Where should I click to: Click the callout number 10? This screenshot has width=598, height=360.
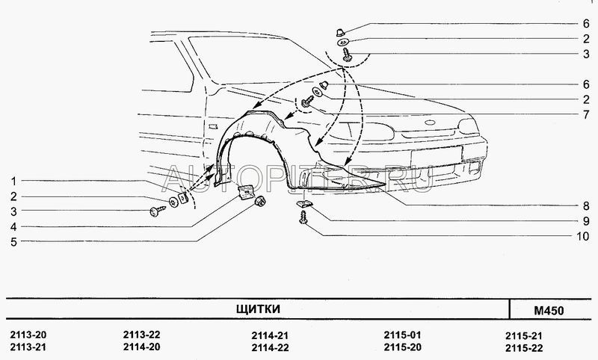tap(582, 236)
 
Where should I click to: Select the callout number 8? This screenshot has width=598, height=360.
tap(586, 206)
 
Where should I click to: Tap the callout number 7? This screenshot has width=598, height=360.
tap(586, 114)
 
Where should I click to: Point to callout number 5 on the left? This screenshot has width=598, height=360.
tap(13, 242)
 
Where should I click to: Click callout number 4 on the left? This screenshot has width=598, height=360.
tap(13, 227)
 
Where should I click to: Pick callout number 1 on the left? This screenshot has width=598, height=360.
tap(13, 181)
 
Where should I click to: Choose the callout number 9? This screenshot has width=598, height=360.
tap(586, 221)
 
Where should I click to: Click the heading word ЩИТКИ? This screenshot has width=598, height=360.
tap(258, 308)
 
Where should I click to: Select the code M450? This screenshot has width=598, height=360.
tap(549, 311)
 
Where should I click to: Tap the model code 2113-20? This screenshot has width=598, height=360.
tap(28, 335)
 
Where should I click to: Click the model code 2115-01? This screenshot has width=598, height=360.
tap(402, 335)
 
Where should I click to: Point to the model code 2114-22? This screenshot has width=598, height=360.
tap(270, 347)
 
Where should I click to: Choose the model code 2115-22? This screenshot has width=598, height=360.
tap(524, 348)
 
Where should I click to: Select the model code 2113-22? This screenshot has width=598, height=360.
tap(141, 335)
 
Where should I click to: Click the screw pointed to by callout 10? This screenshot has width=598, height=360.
tap(303, 218)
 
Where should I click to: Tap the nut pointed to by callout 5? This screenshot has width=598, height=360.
tap(260, 200)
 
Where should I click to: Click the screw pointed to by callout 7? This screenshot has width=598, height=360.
tap(306, 102)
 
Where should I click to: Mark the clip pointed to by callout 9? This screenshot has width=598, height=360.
tap(304, 204)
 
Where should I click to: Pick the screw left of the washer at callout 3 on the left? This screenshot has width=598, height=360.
tap(158, 211)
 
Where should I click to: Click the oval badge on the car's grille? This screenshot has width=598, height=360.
tap(431, 122)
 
